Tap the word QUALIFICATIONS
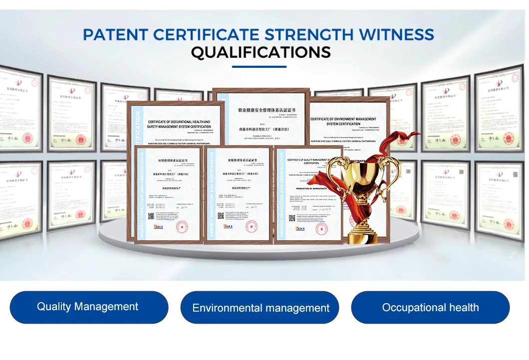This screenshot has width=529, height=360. [x=261, y=52]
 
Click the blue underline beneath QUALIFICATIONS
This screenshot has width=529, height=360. [x=260, y=66]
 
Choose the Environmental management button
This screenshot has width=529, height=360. [x=260, y=308]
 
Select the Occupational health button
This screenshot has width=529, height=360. [x=430, y=307]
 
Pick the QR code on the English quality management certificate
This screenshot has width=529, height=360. [x=292, y=218]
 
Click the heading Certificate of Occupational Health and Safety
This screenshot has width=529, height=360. [x=179, y=124]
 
